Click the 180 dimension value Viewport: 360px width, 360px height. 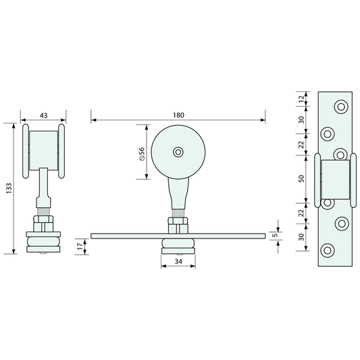pos(178,115)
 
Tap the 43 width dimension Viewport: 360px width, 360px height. pos(44,115)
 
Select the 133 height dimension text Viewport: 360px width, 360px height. pos(9,188)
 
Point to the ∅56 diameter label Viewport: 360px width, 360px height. pos(142,154)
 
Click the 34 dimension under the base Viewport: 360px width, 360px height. pos(178,261)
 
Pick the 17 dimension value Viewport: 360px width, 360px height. pos(80,247)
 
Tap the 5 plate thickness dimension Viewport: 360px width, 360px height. pos(276,235)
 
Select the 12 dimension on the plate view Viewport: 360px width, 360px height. pos(301,98)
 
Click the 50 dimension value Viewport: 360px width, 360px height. pos(301,178)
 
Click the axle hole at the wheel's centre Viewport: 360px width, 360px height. pos(178,152)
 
